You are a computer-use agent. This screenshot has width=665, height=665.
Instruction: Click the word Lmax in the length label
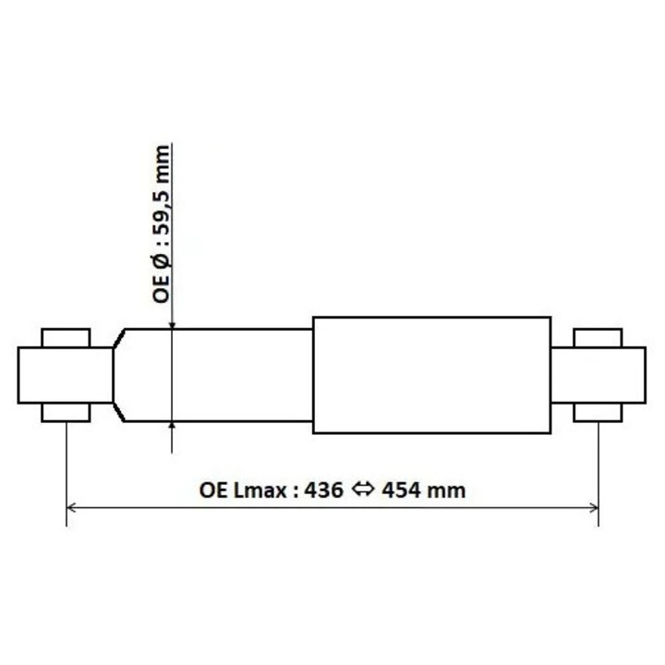[264, 490]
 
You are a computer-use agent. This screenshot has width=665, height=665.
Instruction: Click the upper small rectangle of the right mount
[598, 337]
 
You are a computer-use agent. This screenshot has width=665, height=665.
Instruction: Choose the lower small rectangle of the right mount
[598, 413]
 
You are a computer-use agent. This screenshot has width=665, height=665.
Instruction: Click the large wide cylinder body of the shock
[432, 375]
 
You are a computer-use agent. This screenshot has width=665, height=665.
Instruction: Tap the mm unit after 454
[451, 490]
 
